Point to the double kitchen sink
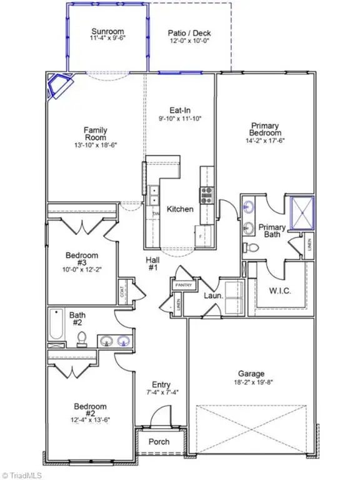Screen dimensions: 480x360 point(154,195)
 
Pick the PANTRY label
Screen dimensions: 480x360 point(182,285)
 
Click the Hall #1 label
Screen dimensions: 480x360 point(153,263)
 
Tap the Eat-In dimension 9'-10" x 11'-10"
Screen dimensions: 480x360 point(181,117)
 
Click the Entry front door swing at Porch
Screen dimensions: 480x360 point(161,417)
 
